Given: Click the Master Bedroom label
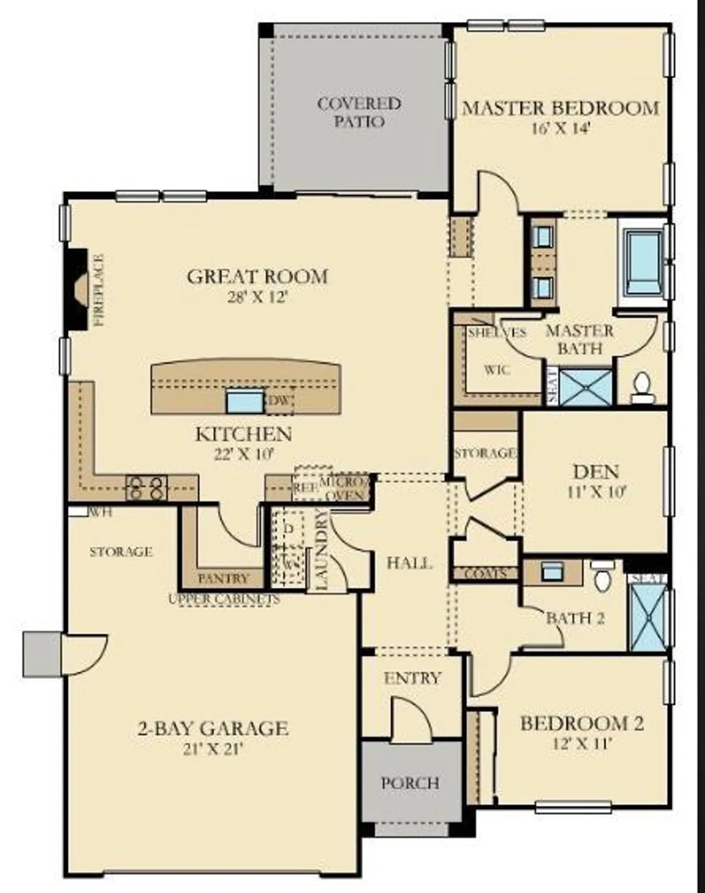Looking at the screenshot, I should [561, 108].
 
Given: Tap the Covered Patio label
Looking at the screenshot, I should [359, 112].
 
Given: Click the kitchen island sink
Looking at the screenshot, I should [244, 402].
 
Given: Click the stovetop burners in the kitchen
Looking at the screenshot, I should [146, 488].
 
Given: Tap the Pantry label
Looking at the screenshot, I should [223, 578].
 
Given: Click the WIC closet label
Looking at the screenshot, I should [497, 370].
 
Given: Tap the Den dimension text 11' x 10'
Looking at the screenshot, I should [596, 492].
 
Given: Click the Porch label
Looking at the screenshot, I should [410, 782].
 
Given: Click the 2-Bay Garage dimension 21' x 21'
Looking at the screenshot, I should [213, 748].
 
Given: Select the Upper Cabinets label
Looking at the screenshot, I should [224, 599].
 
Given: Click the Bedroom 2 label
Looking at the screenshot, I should [582, 724].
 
